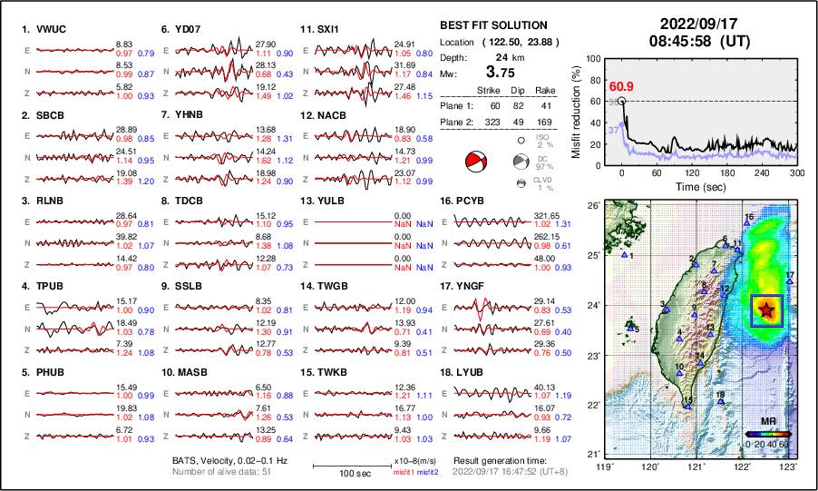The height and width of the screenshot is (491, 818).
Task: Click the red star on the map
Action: [767, 309]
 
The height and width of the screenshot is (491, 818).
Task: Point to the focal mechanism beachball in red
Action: [475, 163]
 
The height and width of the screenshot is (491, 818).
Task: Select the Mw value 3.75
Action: [504, 74]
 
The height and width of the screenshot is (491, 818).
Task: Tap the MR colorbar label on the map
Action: [767, 422]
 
